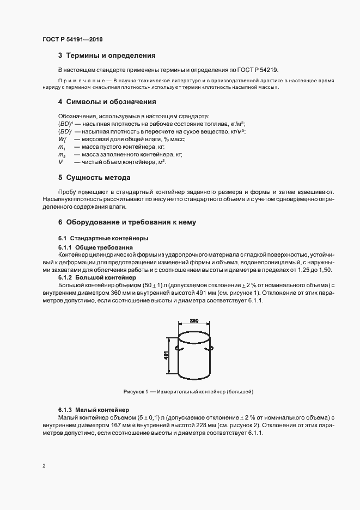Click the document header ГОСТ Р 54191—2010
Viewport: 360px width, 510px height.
point(72,40)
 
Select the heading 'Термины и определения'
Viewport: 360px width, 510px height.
point(111,56)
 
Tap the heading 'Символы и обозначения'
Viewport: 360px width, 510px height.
point(111,102)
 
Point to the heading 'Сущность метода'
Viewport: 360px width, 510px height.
point(97,178)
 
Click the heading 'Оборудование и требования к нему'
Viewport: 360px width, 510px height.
point(127,222)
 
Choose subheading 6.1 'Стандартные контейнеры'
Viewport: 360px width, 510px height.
point(103,239)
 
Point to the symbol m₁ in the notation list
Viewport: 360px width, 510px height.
point(62,147)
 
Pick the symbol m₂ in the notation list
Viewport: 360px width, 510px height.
point(62,155)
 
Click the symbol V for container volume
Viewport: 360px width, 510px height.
point(60,162)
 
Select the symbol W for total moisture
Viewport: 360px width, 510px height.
point(62,139)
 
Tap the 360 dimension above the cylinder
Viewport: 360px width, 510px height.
point(194,321)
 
